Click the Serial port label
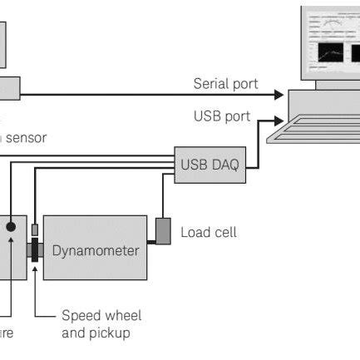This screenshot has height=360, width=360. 225,84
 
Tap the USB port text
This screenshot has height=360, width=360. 221,116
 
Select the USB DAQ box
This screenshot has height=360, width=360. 210,165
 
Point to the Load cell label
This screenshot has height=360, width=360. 208,232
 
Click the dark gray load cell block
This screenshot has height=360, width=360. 164,230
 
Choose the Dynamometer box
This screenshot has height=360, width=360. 96,249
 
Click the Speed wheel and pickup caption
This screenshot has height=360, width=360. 101,324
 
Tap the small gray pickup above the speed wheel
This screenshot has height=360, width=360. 35,229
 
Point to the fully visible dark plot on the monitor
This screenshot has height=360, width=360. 330,52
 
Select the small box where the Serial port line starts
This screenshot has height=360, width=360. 8,88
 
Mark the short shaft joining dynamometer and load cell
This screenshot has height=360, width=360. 151,243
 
